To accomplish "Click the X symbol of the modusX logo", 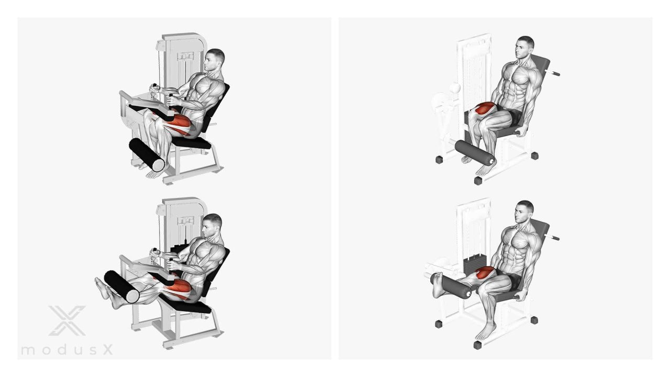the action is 68,320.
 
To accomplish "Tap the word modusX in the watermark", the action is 67,350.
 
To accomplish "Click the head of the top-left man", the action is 214,60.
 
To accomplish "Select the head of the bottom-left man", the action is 212,225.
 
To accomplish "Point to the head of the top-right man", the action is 524,47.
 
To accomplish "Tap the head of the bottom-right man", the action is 524,212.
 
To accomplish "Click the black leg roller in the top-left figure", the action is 147,154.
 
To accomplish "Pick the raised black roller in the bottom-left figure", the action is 121,286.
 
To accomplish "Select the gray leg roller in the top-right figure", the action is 474,152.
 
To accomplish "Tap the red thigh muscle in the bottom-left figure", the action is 178,289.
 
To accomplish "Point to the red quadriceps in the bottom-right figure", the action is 485,273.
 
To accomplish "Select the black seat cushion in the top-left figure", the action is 192,142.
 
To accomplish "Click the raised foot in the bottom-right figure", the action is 438,285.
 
